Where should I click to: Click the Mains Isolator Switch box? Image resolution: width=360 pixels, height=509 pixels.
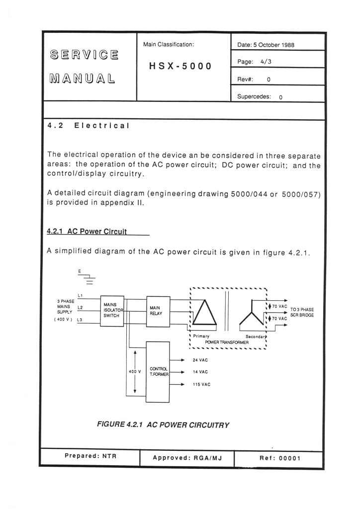tap(112, 311)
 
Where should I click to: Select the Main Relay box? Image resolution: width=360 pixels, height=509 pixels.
tap(157, 311)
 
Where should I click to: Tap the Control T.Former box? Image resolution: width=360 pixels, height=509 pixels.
tap(158, 372)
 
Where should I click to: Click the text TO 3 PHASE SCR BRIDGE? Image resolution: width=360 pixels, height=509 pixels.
tap(302, 312)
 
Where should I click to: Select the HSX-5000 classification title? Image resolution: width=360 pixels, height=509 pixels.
tap(180, 66)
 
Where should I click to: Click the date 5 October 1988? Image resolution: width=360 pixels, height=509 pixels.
tap(266, 45)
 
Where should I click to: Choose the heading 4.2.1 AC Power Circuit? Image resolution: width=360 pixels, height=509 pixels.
tap(87, 231)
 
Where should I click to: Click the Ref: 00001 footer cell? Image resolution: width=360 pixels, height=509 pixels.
tap(280, 458)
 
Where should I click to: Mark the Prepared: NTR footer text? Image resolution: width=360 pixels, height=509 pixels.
tap(90, 455)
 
